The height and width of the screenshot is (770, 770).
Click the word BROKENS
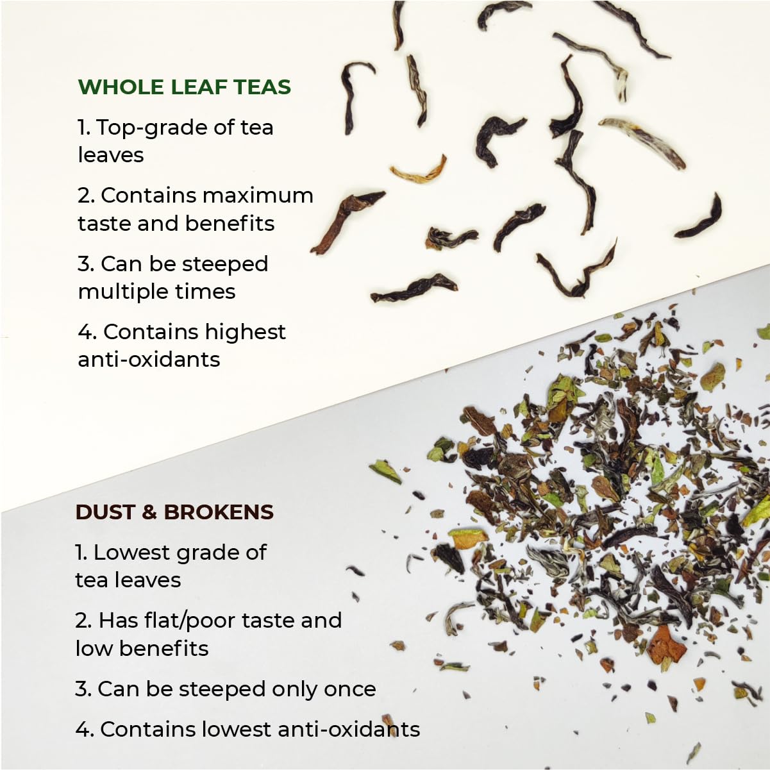[x=219, y=512]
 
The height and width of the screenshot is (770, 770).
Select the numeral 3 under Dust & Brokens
[x=81, y=689]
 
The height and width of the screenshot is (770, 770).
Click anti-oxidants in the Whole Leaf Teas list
[x=149, y=360]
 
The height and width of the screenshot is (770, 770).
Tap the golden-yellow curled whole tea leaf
[x=419, y=171]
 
